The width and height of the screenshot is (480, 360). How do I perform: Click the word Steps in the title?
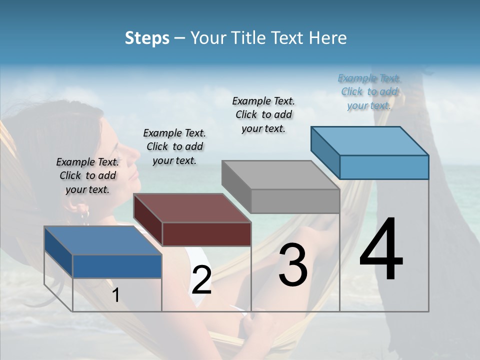[x=147, y=38]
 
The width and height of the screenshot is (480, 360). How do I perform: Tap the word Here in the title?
[x=327, y=38]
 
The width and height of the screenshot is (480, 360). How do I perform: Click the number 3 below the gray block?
[x=293, y=265]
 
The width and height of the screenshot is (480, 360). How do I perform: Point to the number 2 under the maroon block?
[x=201, y=280]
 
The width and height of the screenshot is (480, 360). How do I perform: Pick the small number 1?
[x=116, y=295]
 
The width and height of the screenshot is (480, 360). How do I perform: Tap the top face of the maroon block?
[x=192, y=208]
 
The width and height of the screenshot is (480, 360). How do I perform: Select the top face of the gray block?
[x=280, y=175]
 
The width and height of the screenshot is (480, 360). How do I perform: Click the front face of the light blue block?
[x=384, y=167]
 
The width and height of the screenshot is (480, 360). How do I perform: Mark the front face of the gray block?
[x=295, y=201]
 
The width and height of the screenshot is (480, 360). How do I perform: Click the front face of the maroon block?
[x=206, y=234]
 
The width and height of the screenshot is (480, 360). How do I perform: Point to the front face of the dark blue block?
[x=117, y=266]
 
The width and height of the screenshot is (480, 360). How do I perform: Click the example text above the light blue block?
[x=369, y=91]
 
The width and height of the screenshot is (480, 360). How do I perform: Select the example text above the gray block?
[x=263, y=114]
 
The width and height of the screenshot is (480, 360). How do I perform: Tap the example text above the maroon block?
[x=174, y=146]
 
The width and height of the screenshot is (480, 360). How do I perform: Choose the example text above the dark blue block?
[x=87, y=175]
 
